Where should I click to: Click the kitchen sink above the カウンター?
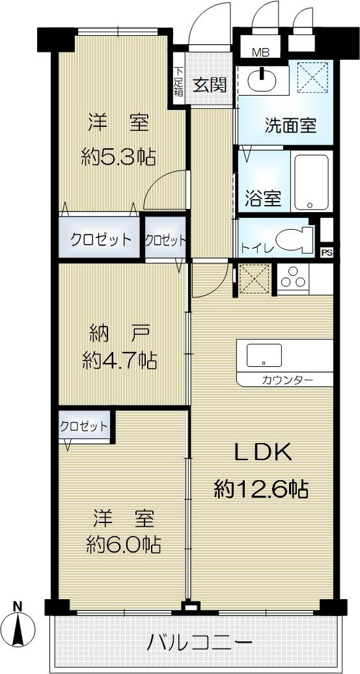click(x=264, y=356)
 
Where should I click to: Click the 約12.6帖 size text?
click(x=261, y=488)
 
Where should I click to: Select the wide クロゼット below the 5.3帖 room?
click(x=101, y=239)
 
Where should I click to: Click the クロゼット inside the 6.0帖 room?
click(x=84, y=427)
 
